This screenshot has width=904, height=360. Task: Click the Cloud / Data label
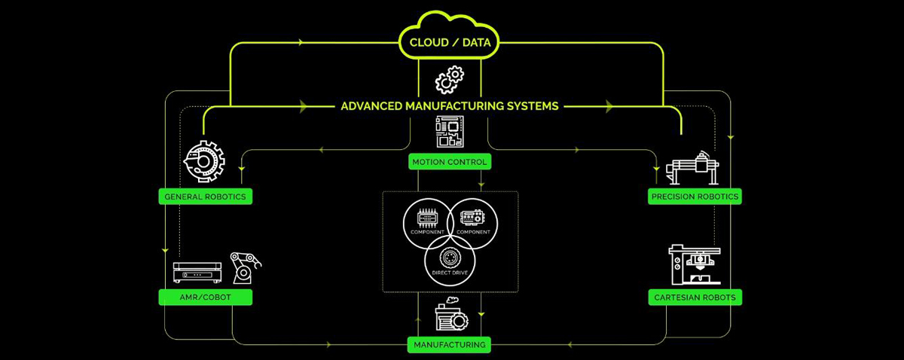450,43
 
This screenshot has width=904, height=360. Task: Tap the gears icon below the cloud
450,79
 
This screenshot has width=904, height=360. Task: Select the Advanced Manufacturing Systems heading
450,106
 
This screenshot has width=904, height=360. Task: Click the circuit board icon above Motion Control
450,132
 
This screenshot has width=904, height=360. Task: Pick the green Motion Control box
450,161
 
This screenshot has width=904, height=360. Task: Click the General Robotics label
206,197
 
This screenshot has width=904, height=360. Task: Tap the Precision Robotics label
695,197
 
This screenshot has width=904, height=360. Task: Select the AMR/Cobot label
206,297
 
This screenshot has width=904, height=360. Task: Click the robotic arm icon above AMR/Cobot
246,267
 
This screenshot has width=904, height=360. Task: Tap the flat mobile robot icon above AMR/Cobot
197,272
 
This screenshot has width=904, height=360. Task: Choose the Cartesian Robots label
695,297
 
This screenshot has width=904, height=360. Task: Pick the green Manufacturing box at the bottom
449,345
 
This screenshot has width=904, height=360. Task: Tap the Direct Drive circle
450,260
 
